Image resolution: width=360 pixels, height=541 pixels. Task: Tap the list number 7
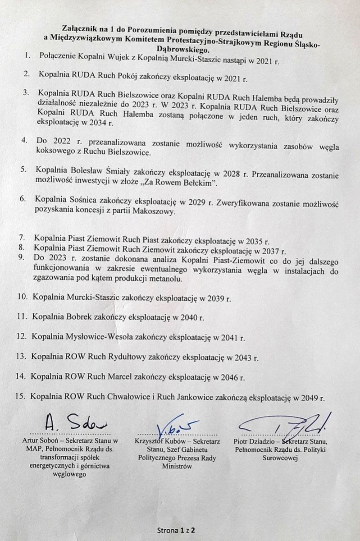click(x=22, y=238)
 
